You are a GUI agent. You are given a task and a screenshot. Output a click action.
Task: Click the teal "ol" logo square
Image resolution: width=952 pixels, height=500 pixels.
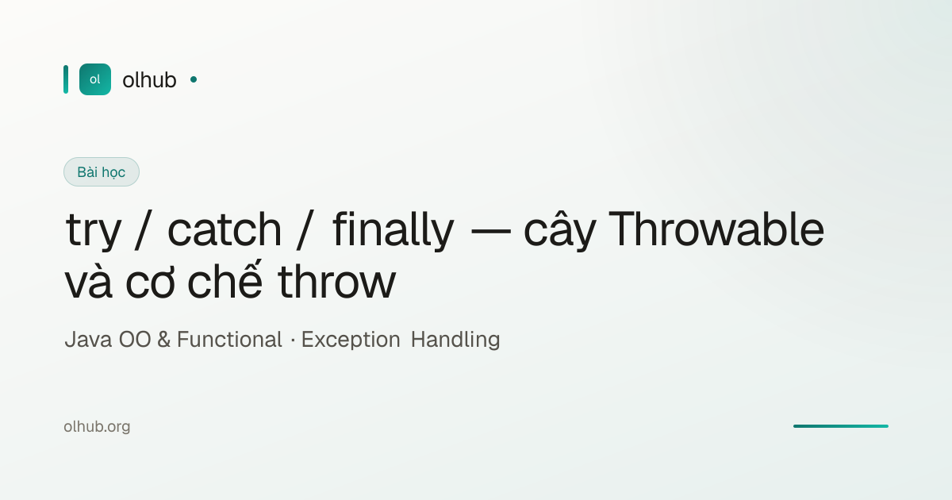coord(95,79)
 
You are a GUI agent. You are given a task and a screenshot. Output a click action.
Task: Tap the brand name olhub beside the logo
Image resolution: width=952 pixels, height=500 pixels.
coord(149,80)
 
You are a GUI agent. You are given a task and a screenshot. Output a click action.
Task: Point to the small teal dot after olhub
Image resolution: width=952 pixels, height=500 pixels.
coord(194,79)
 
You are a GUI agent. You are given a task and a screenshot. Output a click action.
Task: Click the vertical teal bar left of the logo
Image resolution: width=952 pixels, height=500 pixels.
coord(66,79)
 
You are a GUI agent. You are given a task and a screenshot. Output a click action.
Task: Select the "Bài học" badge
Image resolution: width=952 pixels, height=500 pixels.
coord(102,171)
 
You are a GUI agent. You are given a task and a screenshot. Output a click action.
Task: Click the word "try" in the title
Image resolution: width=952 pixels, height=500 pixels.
coord(94,230)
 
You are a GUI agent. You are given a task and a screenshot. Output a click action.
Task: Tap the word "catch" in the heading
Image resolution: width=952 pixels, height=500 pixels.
coord(225,229)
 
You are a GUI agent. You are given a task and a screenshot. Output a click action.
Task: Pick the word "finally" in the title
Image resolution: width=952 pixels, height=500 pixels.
coord(393,229)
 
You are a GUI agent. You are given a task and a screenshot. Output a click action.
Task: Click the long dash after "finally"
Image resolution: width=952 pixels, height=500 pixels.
coord(491,232)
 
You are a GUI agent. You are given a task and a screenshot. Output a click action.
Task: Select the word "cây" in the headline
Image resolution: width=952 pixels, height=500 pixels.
coord(559,229)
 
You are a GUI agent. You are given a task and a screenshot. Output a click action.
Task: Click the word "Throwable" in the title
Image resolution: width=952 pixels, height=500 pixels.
coord(716,229)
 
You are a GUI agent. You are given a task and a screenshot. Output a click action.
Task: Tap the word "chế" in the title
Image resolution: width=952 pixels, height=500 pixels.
coord(225,279)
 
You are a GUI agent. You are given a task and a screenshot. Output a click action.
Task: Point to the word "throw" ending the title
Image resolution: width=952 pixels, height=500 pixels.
coord(336,282)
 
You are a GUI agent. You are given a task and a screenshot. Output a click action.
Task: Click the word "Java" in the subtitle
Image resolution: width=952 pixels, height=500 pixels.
coord(88,340)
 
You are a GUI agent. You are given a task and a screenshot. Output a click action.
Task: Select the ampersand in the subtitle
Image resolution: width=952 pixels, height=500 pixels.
coord(163,340)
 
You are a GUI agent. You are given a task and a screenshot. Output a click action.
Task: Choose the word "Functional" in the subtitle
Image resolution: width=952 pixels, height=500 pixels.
coord(229,340)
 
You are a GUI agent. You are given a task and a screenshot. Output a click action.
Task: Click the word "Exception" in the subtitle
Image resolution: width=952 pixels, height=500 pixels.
coord(351,340)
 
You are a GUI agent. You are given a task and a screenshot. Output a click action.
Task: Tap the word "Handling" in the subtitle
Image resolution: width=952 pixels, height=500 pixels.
coord(455,340)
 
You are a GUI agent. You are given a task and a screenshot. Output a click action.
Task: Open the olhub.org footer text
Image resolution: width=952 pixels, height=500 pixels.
coord(97,426)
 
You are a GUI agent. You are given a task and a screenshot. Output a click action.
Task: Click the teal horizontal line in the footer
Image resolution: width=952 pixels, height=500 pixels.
coord(841,426)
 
